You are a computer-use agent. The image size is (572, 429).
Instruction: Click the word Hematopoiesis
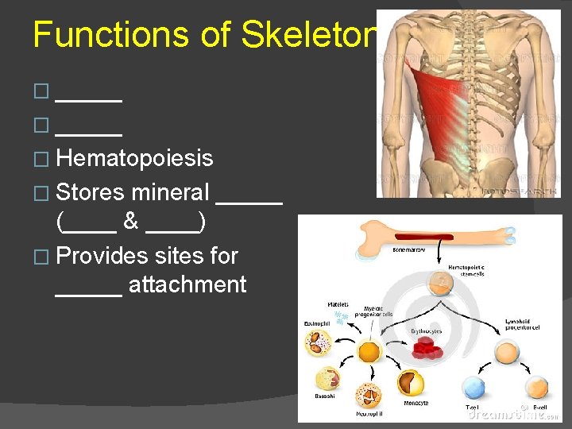point(134,158)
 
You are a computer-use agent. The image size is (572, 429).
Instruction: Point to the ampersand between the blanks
point(131,222)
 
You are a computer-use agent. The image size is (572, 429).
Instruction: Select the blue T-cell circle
point(473,388)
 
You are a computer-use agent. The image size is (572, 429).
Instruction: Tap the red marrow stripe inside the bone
point(430,238)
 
